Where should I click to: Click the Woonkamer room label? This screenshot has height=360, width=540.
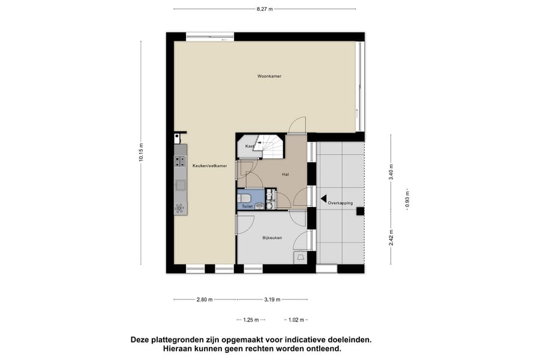pyautogui.click(x=269, y=77)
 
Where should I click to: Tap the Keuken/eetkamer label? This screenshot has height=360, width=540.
pyautogui.click(x=209, y=166)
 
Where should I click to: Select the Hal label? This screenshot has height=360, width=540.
pyautogui.click(x=286, y=175)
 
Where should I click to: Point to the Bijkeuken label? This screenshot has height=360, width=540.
pyautogui.click(x=272, y=238)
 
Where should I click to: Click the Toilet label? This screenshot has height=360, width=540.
pyautogui.click(x=247, y=206)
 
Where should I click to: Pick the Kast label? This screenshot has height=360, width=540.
pyautogui.click(x=250, y=146)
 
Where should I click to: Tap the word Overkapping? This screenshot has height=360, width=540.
pyautogui.click(x=340, y=203)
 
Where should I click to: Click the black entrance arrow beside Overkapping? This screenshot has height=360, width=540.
pyautogui.click(x=323, y=199)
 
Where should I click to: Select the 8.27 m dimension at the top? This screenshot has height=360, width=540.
pyautogui.click(x=265, y=9)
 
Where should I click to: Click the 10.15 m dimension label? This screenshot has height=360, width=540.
pyautogui.click(x=140, y=152)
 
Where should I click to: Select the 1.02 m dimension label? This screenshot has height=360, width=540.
pyautogui.click(x=296, y=320)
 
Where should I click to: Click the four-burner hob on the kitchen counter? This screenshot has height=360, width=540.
pyautogui.click(x=179, y=161)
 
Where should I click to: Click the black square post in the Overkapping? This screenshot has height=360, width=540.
pyautogui.click(x=360, y=211)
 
